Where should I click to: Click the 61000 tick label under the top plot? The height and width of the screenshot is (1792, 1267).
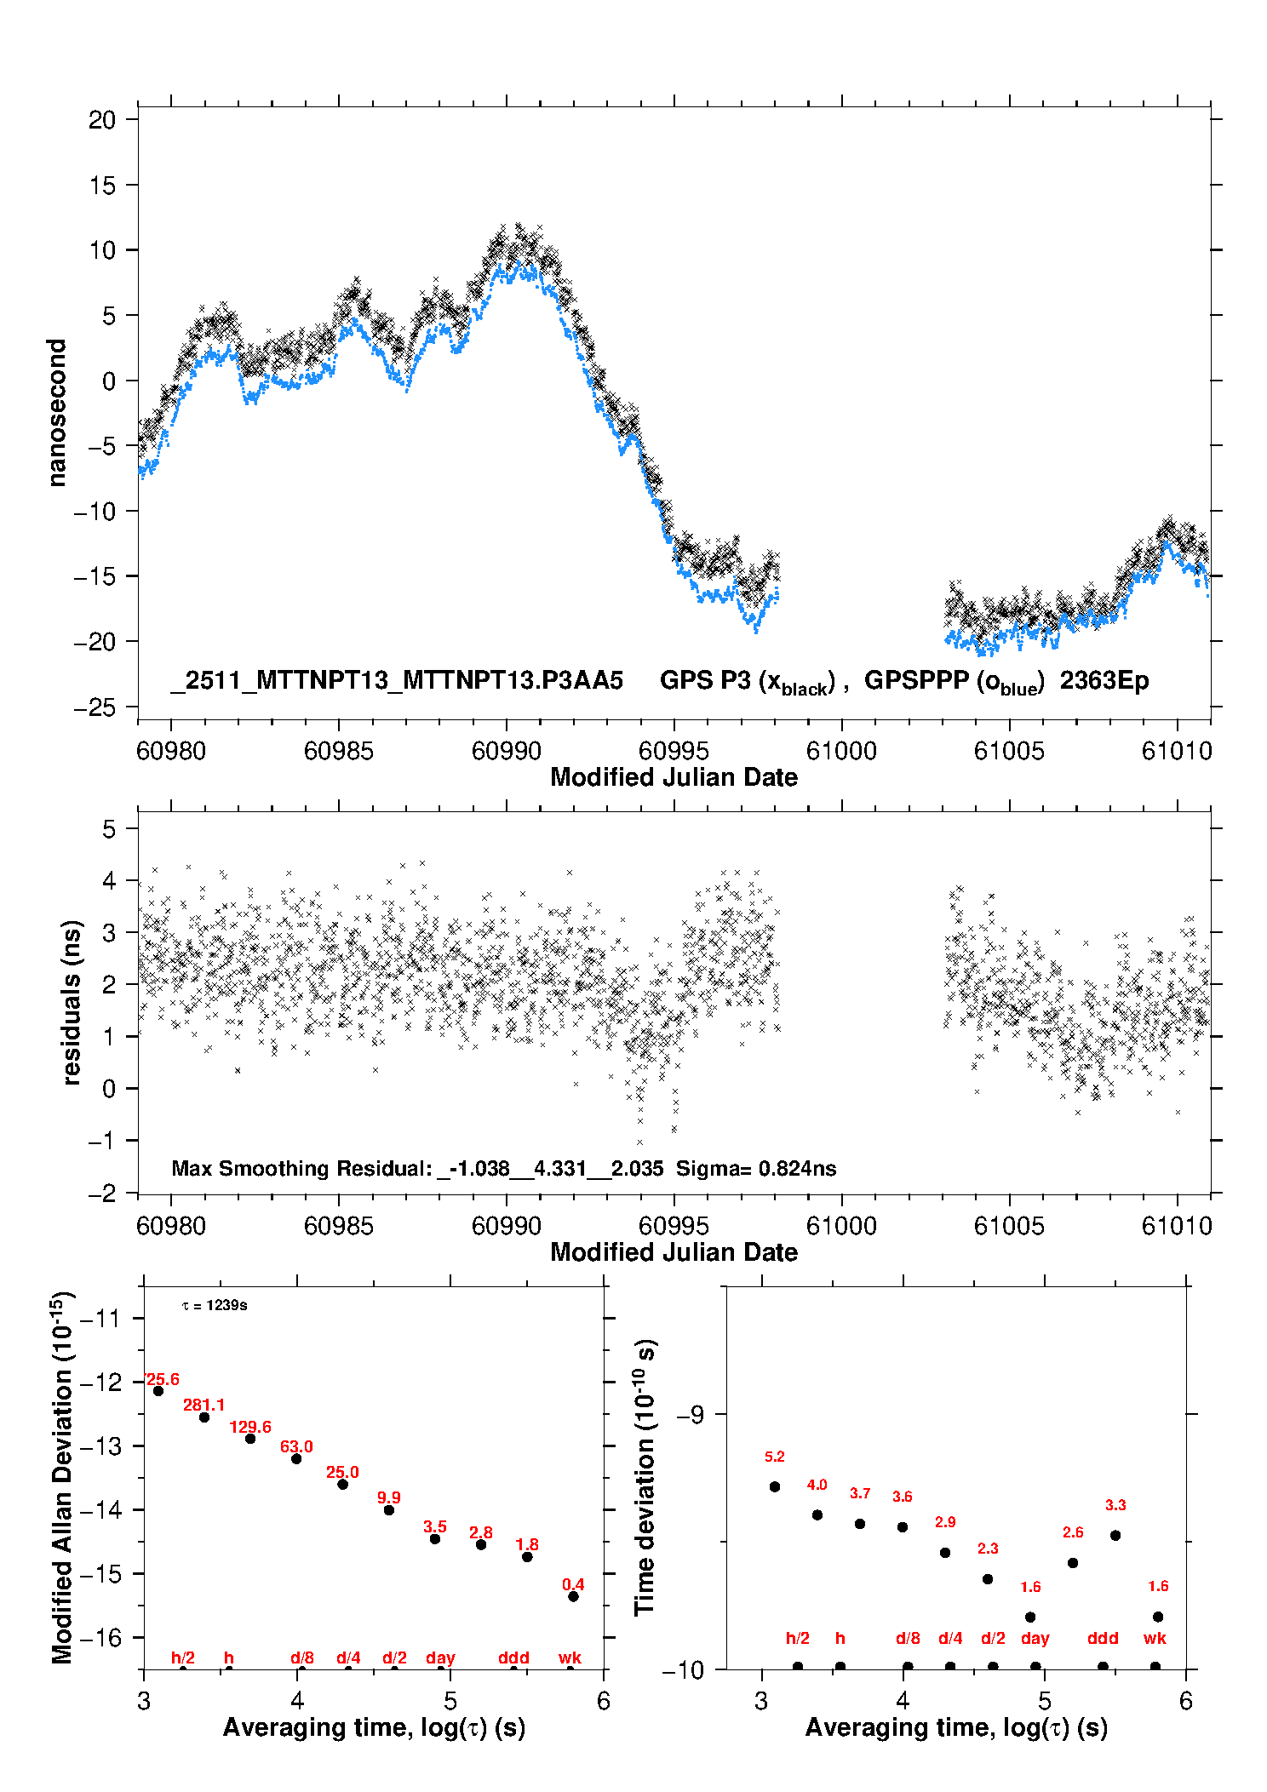841,751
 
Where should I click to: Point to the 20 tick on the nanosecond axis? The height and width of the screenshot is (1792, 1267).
102,120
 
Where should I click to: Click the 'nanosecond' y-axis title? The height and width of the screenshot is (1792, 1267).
57,413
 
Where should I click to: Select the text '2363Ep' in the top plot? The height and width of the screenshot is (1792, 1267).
1104,681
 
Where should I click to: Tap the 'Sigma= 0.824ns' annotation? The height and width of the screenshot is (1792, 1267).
756,1169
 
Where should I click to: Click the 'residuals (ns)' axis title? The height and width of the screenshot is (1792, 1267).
72,1002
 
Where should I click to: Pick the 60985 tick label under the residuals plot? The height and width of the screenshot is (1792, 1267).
339,1226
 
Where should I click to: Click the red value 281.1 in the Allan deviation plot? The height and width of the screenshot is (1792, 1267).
204,1405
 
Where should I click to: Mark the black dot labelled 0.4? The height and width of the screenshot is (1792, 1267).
573,1596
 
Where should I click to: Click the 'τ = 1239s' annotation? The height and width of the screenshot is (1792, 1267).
215,1306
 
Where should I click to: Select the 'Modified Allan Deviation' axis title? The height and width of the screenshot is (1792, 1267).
62,1477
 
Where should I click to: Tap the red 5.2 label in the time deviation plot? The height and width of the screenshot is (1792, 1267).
775,1457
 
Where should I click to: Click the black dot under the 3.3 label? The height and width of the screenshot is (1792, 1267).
1115,1536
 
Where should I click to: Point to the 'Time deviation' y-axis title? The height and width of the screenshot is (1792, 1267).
645,1477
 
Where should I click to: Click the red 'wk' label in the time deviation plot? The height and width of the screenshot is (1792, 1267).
1155,1639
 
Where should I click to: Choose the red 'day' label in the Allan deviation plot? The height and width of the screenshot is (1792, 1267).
440,1657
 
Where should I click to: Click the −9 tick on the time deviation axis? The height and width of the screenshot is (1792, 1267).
689,1414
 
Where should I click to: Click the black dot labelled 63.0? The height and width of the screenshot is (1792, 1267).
296,1458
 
